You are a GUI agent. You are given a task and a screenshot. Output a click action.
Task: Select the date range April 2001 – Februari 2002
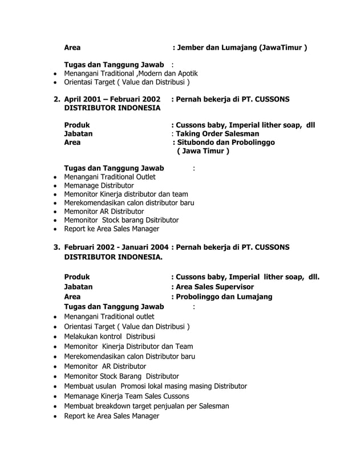pos(112,99)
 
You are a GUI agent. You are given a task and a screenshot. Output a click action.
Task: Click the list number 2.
pos(56,99)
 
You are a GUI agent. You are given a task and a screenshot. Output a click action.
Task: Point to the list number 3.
pos(56,247)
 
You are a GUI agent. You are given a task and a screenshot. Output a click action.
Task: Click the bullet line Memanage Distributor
pos(99,185)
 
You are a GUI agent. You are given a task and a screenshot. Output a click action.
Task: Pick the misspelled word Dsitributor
pos(156,220)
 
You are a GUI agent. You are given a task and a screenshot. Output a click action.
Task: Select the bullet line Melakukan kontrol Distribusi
pos(104,336)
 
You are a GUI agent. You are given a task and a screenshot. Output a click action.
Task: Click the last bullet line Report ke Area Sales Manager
pos(111,416)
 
